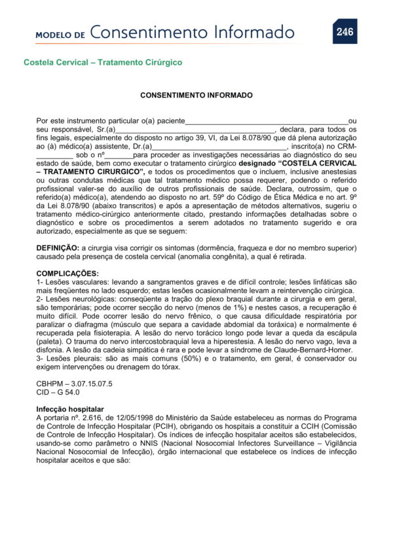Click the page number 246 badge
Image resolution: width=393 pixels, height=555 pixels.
(345, 31)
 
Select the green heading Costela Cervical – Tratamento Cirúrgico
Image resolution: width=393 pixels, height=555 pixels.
(102, 63)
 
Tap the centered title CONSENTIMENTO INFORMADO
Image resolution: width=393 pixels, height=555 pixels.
(196, 95)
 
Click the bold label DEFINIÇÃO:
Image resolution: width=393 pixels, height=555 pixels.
(58, 248)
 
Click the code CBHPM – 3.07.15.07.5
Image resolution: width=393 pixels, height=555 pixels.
(74, 384)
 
